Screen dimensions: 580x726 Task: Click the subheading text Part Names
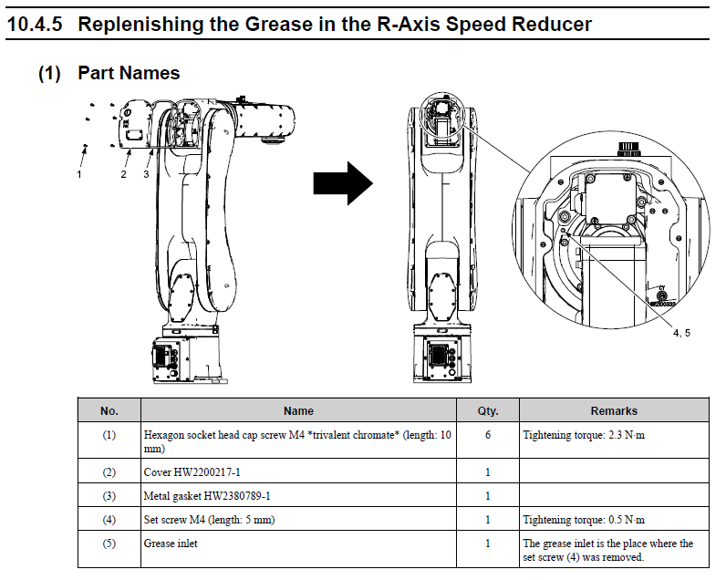click(129, 73)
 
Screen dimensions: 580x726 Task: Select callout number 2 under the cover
click(124, 174)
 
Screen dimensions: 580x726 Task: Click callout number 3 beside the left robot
click(146, 174)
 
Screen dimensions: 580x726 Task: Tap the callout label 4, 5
click(681, 333)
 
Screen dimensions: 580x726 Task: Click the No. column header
click(109, 410)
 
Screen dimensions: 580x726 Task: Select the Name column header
click(298, 410)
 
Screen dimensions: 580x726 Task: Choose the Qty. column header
click(488, 410)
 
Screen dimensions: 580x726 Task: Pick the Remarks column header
click(614, 410)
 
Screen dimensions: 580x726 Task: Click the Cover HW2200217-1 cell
click(192, 471)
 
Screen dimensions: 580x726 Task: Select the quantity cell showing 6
click(488, 435)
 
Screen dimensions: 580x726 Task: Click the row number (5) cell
click(109, 544)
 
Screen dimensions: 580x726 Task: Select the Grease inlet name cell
click(171, 544)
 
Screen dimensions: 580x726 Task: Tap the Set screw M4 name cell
click(209, 520)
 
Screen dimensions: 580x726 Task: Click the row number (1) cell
click(109, 435)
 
